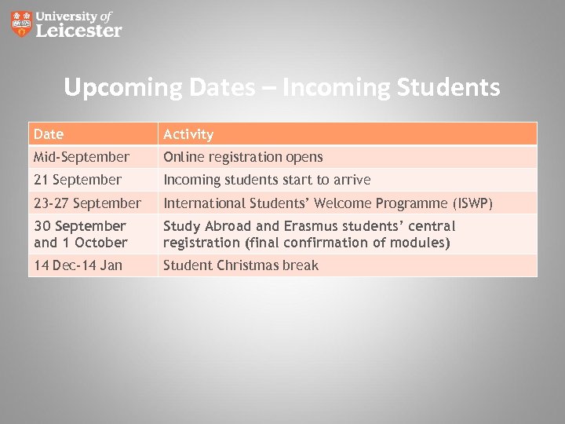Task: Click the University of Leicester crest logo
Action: click(x=22, y=24)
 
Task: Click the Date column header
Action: click(x=49, y=134)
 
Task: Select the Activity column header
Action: click(x=188, y=134)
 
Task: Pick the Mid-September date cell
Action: click(x=82, y=157)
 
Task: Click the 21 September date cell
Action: click(x=78, y=180)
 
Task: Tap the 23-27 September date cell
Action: click(x=87, y=203)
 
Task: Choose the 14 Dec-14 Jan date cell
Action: click(x=78, y=265)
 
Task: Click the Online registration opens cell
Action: click(x=243, y=157)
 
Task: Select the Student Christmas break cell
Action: click(x=241, y=265)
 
